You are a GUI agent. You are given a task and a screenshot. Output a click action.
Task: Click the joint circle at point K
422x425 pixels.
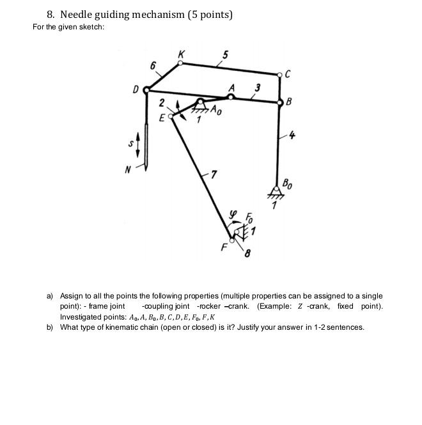click(x=180, y=63)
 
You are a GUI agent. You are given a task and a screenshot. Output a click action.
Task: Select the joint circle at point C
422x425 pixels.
click(x=280, y=75)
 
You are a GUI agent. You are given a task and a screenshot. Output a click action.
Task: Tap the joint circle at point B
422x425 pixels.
click(x=280, y=102)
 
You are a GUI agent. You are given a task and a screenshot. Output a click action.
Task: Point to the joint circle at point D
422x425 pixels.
click(x=146, y=91)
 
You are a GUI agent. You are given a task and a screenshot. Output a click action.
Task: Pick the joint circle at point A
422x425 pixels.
click(x=231, y=97)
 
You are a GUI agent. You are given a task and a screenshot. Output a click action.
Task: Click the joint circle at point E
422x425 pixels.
click(x=171, y=116)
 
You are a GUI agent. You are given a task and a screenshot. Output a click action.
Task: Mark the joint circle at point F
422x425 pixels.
click(x=232, y=241)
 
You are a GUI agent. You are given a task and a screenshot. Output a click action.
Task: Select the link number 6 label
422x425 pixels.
click(x=153, y=66)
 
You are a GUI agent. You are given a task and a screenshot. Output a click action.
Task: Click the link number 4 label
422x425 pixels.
click(x=293, y=135)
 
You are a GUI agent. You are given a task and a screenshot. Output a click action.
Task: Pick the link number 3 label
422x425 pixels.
click(x=257, y=88)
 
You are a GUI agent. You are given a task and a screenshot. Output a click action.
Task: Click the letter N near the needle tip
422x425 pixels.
click(x=128, y=169)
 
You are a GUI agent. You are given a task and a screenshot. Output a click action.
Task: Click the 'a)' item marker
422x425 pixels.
click(x=50, y=296)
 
